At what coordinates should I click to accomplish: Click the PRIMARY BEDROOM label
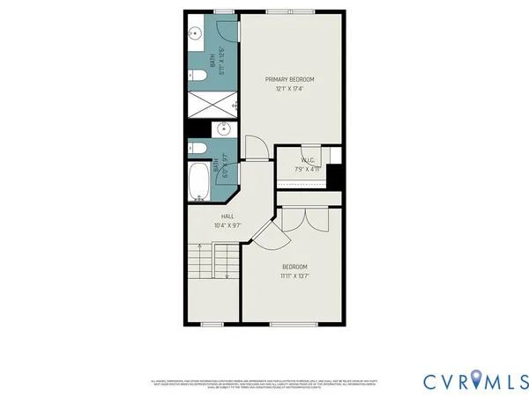point(290,79)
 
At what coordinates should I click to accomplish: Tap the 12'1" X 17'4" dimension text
point(290,87)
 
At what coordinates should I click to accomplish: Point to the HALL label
point(227,216)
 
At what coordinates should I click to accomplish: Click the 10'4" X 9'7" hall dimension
point(227,225)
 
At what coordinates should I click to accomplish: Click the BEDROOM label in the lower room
point(294,267)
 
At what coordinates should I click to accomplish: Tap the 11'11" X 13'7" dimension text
point(294,275)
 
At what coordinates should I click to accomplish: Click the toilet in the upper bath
point(197,77)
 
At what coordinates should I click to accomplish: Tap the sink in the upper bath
point(197,35)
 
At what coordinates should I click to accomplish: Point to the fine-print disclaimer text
point(264,382)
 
